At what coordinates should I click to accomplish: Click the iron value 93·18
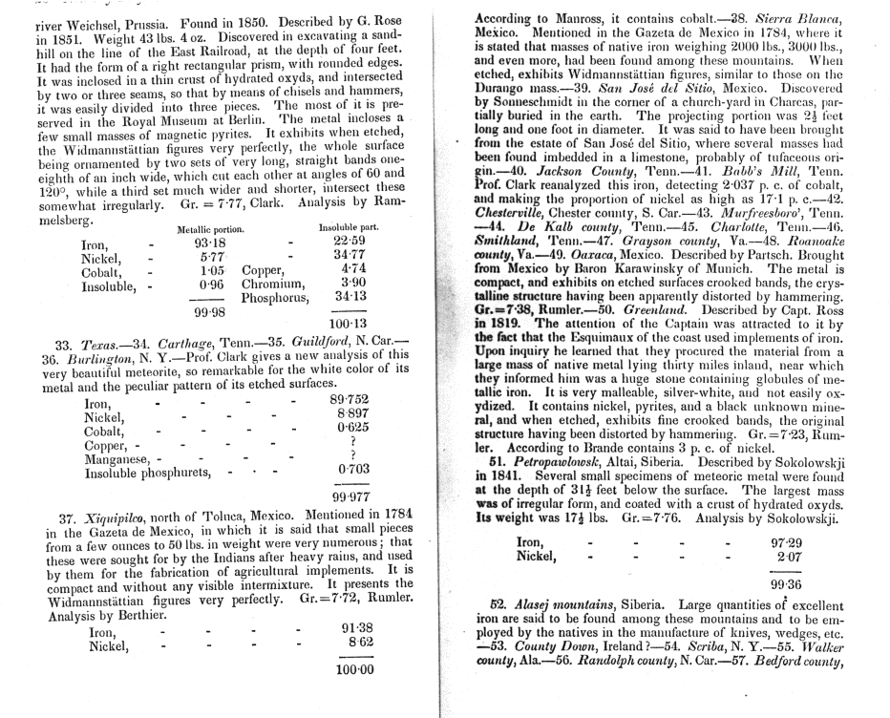(x=208, y=243)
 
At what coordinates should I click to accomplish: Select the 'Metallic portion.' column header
(x=211, y=229)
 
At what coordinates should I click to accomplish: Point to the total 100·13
(x=346, y=324)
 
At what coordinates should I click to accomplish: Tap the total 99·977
(x=350, y=496)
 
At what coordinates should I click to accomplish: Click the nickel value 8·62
(x=354, y=644)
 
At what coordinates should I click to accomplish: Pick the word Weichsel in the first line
(x=84, y=18)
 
